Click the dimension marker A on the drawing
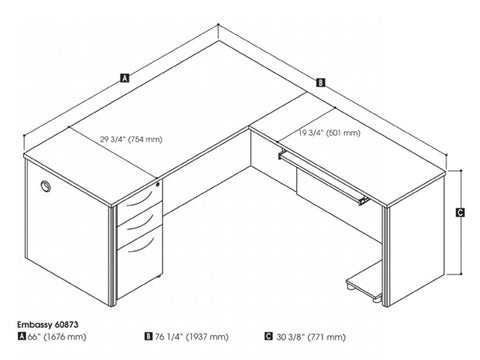(123, 76)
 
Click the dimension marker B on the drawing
(320, 83)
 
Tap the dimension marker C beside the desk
(458, 212)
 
